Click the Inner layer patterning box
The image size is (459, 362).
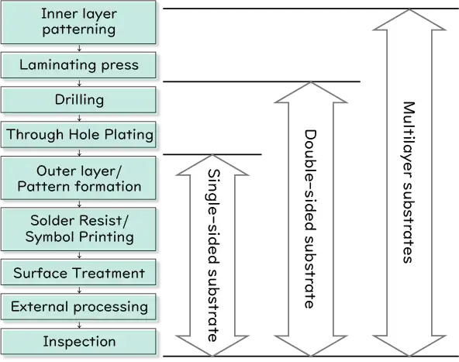pos(78,22)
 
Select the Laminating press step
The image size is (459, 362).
pos(78,65)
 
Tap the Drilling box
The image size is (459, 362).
pos(78,100)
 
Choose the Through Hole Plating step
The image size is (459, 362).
pos(78,134)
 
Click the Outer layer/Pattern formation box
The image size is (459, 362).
pos(78,178)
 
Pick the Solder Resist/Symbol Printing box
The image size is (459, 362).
pos(78,229)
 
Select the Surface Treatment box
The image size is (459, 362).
pos(78,272)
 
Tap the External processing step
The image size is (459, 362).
pos(78,307)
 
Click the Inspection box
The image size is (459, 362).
pos(78,342)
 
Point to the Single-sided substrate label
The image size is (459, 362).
pos(213,255)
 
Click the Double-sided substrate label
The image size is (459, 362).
pos(311,219)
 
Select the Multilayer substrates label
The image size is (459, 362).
pos(409,182)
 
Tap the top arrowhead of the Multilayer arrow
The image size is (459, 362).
pos(409,19)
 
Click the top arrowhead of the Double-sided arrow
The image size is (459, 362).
pos(311,92)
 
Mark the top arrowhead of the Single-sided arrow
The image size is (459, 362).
pos(212,165)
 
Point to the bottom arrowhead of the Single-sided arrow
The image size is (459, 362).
pos(212,346)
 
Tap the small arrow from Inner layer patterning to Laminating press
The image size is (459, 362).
pos(79,48)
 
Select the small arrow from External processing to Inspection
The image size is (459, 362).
pos(79,324)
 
